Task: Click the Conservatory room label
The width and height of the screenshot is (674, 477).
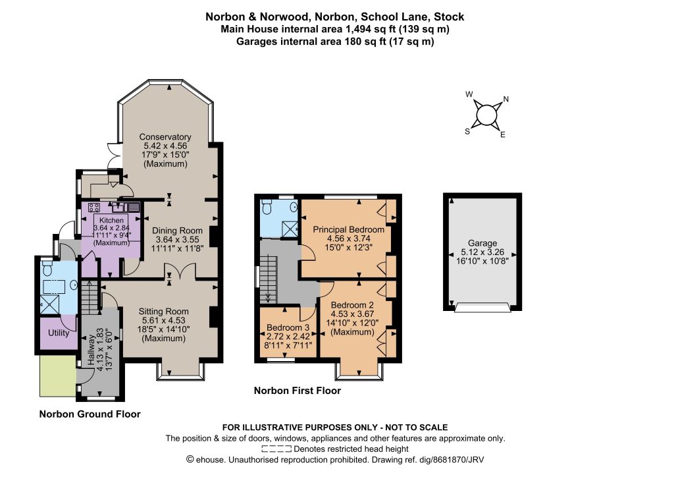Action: pyautogui.click(x=165, y=137)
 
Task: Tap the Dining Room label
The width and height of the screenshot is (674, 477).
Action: pyautogui.click(x=177, y=231)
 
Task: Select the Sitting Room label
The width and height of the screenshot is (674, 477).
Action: pyautogui.click(x=163, y=312)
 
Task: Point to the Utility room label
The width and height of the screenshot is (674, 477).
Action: pyautogui.click(x=59, y=333)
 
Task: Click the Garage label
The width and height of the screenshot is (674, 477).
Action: pyautogui.click(x=482, y=243)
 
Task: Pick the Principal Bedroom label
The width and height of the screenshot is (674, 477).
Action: pyautogui.click(x=348, y=229)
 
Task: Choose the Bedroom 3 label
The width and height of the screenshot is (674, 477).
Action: pyautogui.click(x=288, y=327)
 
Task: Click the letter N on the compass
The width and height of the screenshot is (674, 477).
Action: pyautogui.click(x=506, y=99)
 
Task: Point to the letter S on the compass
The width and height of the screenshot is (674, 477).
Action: pyautogui.click(x=467, y=132)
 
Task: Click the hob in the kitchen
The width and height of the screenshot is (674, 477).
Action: pyautogui.click(x=94, y=208)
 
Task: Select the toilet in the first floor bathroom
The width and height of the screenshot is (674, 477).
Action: pyautogui.click(x=267, y=208)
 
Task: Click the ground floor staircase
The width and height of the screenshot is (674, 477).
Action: pyautogui.click(x=90, y=297)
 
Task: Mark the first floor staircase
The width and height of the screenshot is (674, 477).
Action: pyautogui.click(x=267, y=279)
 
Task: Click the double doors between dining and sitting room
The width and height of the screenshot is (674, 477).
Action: pyautogui.click(x=181, y=271)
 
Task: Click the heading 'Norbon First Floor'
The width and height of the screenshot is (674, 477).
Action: pyautogui.click(x=298, y=391)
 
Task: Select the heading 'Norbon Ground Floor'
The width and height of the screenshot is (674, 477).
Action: pyautogui.click(x=90, y=414)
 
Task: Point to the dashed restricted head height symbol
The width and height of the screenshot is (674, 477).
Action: pyautogui.click(x=276, y=449)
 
